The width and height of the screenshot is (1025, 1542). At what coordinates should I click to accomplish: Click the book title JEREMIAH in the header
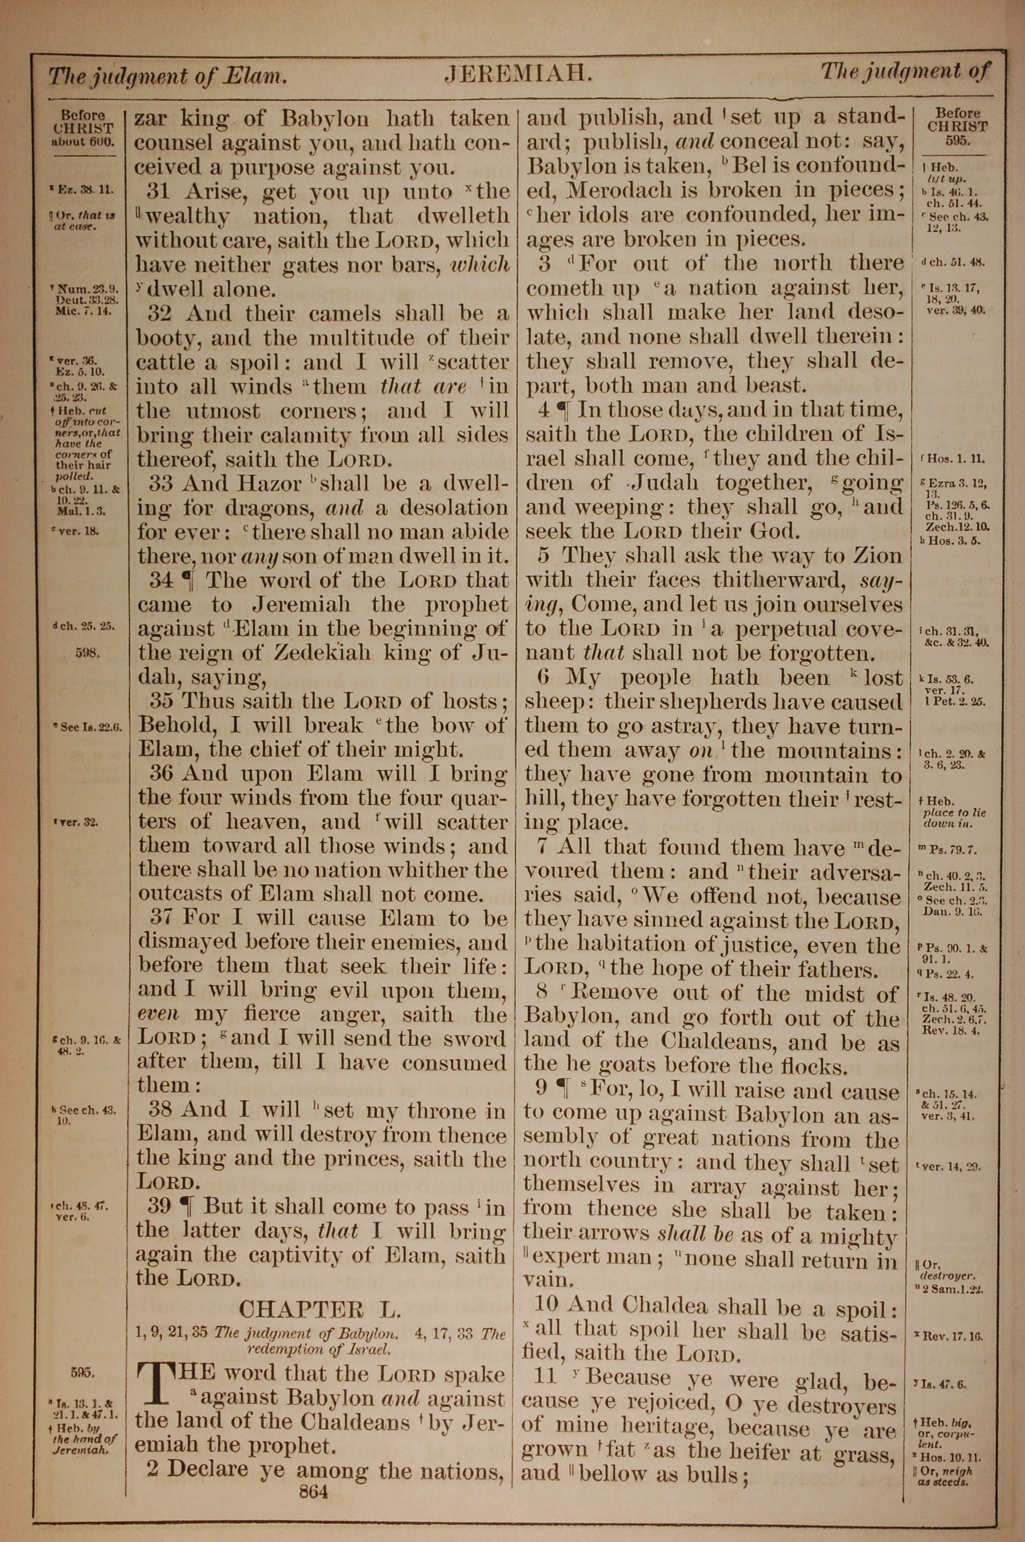518,74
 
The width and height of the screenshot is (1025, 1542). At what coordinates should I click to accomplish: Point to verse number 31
159,192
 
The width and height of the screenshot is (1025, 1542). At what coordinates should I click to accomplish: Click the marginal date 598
87,653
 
